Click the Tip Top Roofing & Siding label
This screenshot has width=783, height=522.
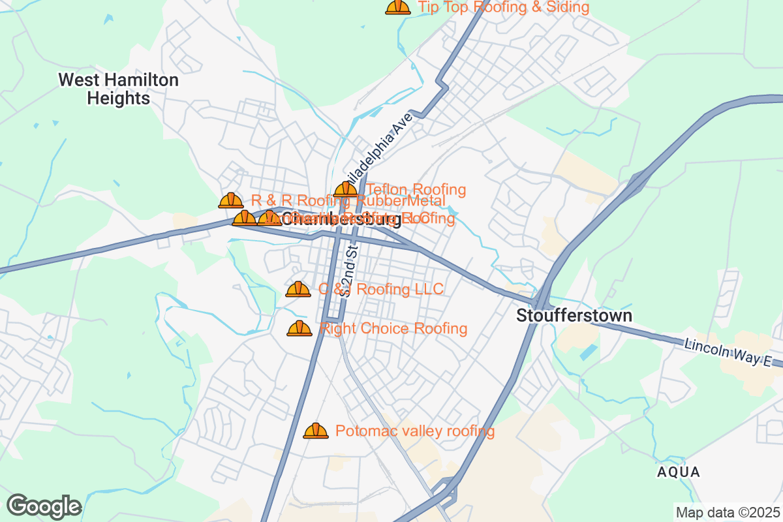pos(503,7)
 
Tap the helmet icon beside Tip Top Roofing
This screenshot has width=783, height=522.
pos(398,7)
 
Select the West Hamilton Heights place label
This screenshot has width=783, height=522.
pos(118,89)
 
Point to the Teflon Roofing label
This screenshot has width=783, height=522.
pos(416,190)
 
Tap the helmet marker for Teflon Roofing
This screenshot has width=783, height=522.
pos(346,190)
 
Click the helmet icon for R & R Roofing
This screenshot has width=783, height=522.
pos(230,200)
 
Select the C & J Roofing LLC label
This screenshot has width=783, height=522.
pos(380,289)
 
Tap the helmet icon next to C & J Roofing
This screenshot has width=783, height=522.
pos(298,289)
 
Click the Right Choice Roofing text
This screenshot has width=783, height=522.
pos(393,328)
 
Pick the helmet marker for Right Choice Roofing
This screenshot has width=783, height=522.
pos(299,328)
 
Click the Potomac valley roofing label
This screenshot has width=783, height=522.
pos(414,431)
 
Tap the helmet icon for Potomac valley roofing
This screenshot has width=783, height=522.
pos(316,431)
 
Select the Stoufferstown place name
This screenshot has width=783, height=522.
pos(574,316)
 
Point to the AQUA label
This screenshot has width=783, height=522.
pos(679,472)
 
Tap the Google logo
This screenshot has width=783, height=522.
pos(44,506)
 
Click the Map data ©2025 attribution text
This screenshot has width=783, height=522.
pos(728,512)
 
